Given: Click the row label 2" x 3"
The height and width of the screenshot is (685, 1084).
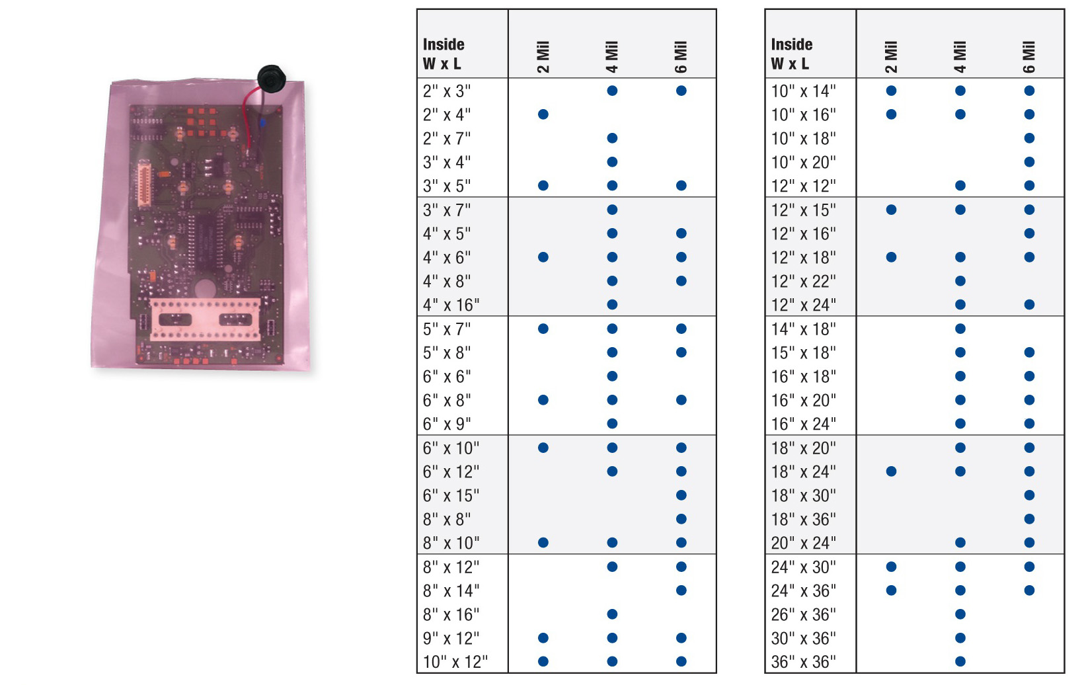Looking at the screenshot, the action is coord(446,91).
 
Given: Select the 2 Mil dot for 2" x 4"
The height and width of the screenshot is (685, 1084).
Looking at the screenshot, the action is coord(543,114).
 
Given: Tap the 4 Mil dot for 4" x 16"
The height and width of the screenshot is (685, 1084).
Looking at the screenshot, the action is coord(612,305).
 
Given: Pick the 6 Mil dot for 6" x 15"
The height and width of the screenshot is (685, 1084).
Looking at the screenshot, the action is coord(681,495).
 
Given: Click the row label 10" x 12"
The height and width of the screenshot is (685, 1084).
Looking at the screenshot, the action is coord(455,662).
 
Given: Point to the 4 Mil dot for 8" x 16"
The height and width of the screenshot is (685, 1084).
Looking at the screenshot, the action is coord(612,614).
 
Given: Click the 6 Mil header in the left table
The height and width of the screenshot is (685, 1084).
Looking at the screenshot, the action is coord(680,57).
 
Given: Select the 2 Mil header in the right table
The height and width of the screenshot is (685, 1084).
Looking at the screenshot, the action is coord(891,57).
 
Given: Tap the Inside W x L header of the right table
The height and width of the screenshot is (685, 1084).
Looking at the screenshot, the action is coord(792,54).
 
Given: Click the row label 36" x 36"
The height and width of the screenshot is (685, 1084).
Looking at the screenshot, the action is coord(803,662).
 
